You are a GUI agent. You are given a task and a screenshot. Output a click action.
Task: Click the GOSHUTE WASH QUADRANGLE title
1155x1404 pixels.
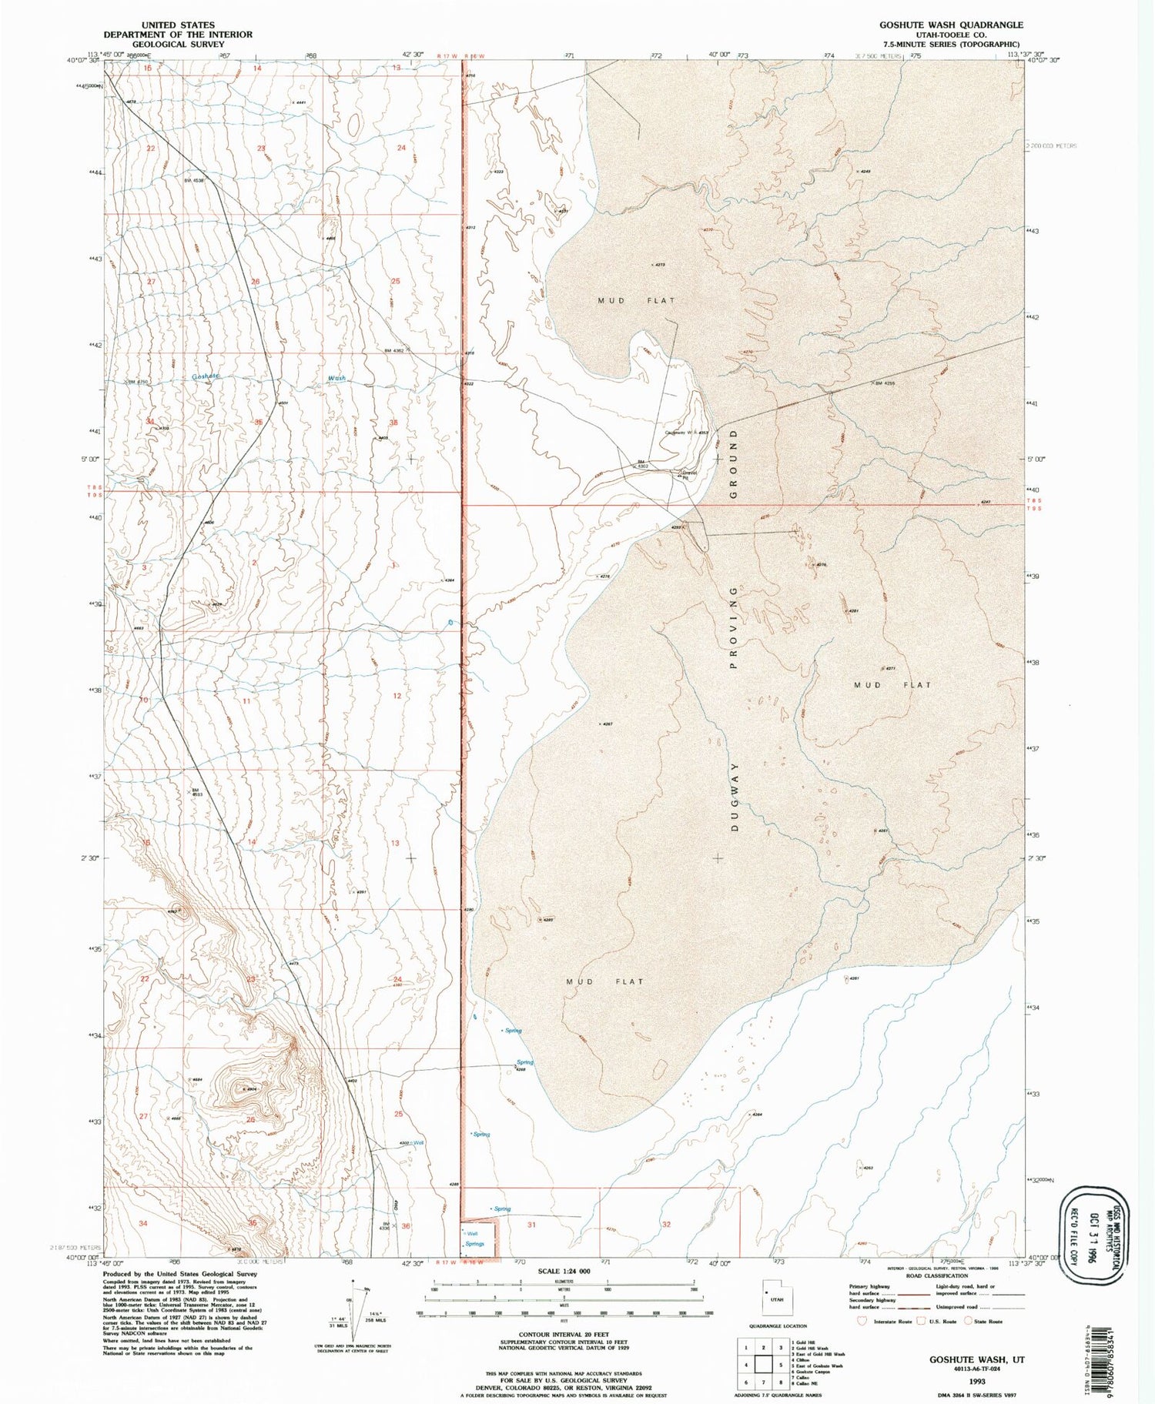(951, 25)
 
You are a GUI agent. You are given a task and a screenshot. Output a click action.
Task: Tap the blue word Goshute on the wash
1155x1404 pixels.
(206, 376)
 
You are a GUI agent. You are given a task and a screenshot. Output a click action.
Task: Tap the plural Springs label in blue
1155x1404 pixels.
(474, 1244)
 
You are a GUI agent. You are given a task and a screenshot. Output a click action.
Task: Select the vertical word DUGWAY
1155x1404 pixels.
(735, 797)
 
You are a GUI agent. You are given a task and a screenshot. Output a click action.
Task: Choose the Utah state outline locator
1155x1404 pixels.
(769, 1295)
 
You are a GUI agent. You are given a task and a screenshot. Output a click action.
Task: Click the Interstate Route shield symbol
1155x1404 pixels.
(862, 1322)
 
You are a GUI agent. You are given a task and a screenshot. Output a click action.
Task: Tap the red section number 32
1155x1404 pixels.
(666, 1224)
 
